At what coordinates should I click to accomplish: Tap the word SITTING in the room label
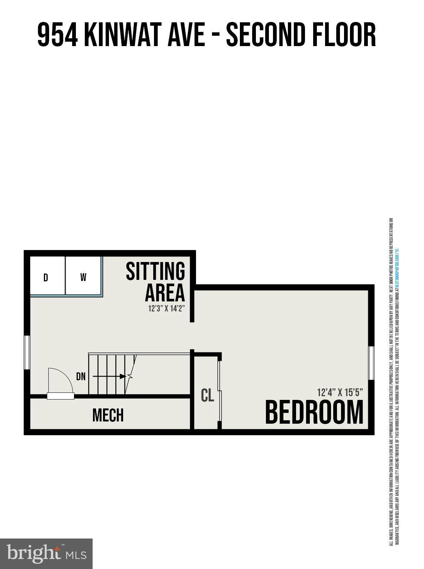click(x=155, y=271)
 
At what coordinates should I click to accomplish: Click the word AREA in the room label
click(x=165, y=293)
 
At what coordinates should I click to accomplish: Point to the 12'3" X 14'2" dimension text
click(x=166, y=308)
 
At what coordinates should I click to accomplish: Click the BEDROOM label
click(x=314, y=412)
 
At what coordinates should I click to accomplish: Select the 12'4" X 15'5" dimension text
click(x=340, y=392)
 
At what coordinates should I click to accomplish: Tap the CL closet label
click(x=207, y=395)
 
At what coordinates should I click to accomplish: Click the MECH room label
click(x=108, y=415)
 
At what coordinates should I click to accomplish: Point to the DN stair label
click(x=81, y=376)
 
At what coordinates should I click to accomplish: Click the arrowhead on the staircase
click(x=123, y=376)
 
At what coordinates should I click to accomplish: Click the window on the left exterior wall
click(x=27, y=352)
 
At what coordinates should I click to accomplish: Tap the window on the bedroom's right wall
click(x=371, y=363)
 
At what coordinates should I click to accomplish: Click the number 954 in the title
click(x=57, y=35)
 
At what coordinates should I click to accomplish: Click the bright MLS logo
click(x=46, y=554)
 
